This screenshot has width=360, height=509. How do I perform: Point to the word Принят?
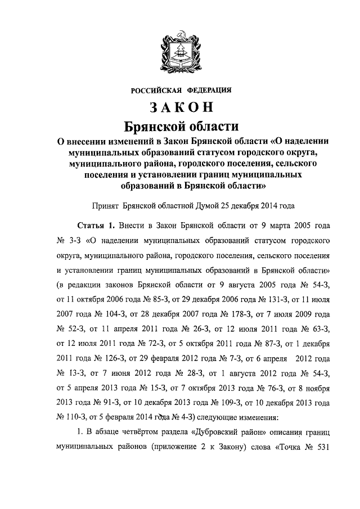coord(106,206)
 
